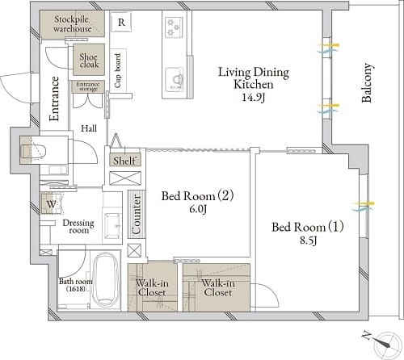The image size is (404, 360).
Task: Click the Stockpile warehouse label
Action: (72, 24)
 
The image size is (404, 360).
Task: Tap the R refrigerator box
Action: (121, 22)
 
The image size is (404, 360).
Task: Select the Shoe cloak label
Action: (89, 61)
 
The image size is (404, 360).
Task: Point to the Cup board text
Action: (118, 70)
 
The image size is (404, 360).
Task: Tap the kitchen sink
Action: (175, 79)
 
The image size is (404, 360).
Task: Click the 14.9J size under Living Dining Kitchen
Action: (253, 98)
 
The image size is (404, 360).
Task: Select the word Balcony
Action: (367, 83)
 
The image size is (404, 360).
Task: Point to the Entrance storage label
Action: (88, 86)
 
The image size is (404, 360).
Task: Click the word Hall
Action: (89, 128)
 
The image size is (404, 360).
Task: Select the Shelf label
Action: (124, 161)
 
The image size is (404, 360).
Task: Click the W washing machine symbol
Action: (52, 203)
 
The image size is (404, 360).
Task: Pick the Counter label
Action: (137, 215)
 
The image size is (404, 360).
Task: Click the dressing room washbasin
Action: (112, 226)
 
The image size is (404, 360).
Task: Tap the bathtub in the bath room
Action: (105, 280)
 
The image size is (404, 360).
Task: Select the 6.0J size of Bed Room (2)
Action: (198, 209)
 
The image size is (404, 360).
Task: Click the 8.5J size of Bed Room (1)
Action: (308, 240)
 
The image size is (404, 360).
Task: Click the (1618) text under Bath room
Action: (76, 289)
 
